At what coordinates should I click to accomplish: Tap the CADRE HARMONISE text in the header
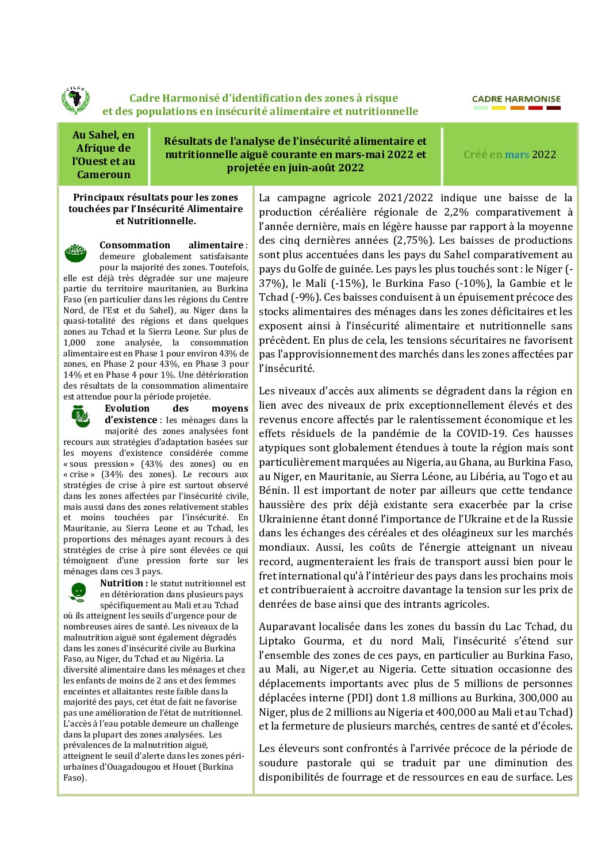point(516,99)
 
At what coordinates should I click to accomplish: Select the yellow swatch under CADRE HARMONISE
point(499,107)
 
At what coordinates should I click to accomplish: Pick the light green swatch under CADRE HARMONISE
point(480,107)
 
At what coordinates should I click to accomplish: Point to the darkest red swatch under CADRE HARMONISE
point(553,107)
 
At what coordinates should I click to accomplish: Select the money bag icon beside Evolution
point(81,416)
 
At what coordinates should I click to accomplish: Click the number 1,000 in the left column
point(74,342)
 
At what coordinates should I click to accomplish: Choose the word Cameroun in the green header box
point(104,174)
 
